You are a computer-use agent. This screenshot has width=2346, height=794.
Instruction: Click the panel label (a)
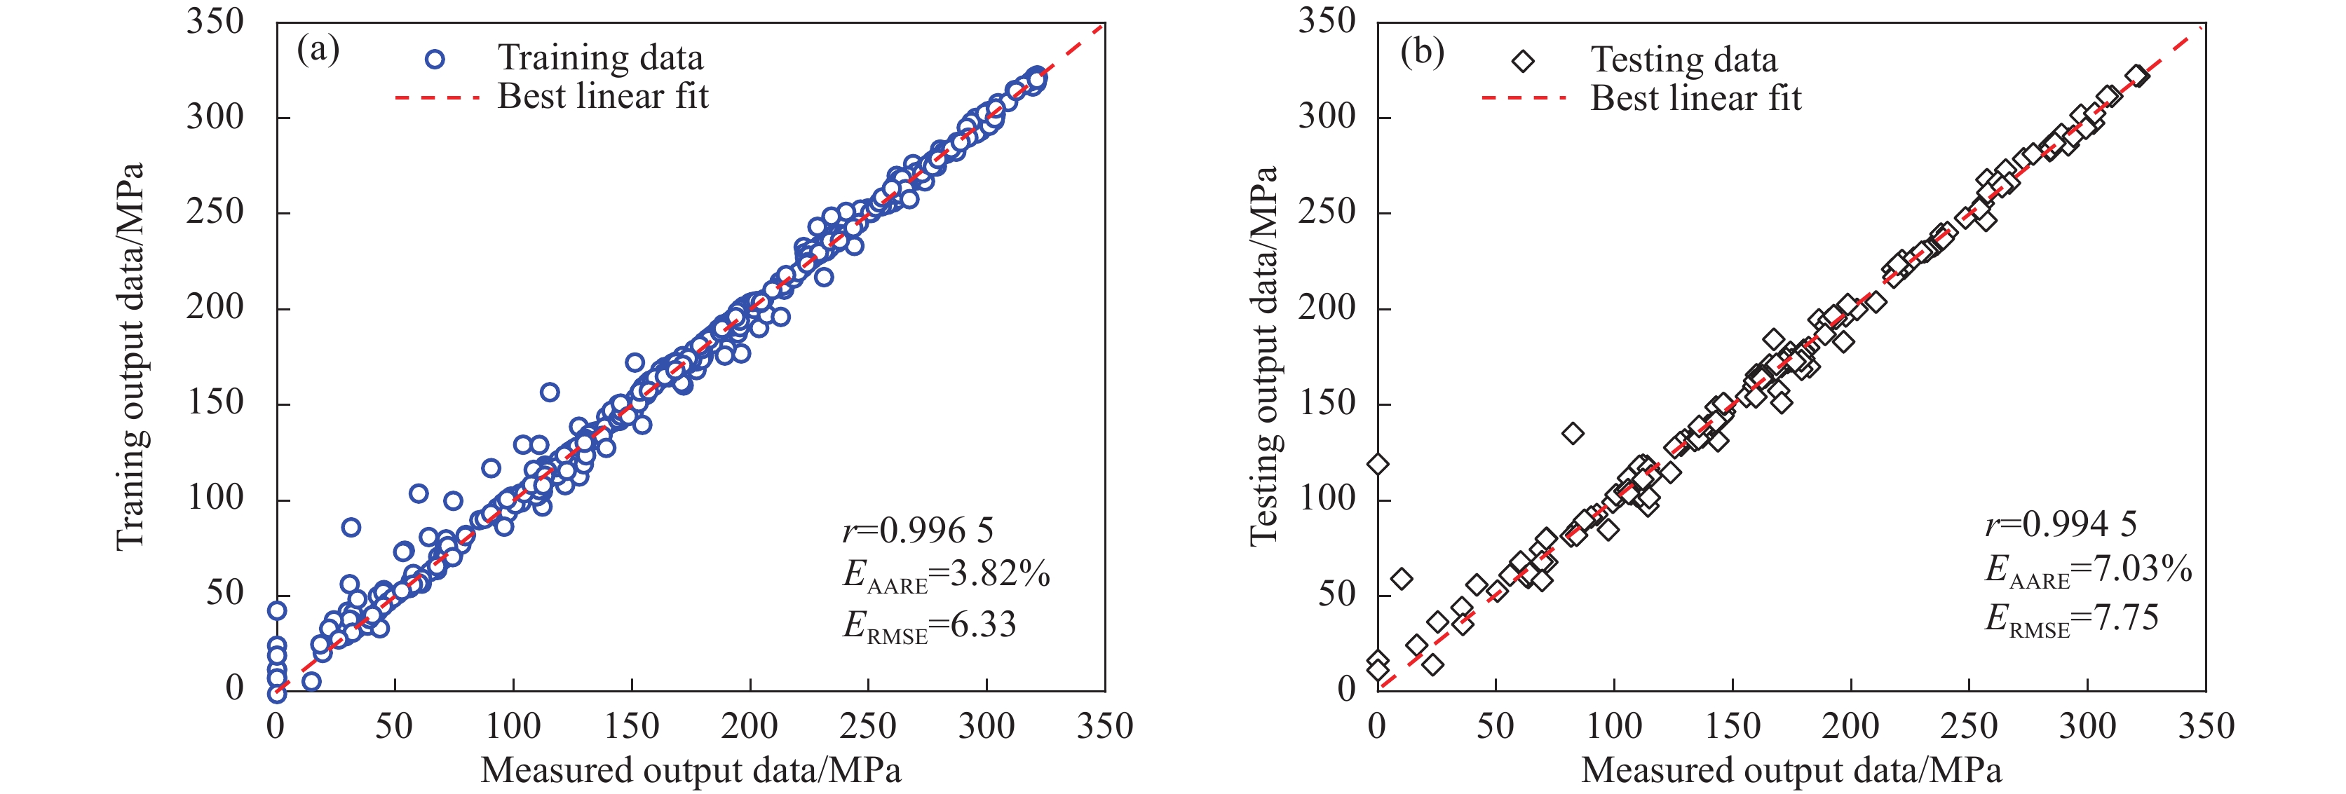318,50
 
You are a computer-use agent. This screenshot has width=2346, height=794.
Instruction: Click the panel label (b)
1422,52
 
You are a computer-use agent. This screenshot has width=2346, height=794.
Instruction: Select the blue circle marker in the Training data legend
435,59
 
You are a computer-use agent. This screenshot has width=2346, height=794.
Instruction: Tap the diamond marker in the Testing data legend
1523,61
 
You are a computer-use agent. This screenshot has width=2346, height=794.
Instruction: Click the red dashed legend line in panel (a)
437,97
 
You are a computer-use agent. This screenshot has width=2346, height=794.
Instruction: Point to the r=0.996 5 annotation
917,530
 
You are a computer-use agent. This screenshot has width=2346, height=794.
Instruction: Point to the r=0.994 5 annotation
2060,523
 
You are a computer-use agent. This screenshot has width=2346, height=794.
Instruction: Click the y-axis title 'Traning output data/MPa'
130,356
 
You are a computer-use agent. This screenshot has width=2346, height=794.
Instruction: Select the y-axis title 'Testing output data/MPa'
1264,356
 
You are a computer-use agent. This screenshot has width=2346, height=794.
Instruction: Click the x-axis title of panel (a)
691,770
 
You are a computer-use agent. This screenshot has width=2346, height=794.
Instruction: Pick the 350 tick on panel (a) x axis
1105,727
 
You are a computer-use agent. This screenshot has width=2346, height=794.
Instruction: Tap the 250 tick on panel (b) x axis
1969,727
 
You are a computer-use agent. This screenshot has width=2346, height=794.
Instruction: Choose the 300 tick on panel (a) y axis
216,116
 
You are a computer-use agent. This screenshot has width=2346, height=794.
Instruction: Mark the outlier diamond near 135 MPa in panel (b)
1573,433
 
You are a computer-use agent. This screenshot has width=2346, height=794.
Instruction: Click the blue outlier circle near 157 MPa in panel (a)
549,392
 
